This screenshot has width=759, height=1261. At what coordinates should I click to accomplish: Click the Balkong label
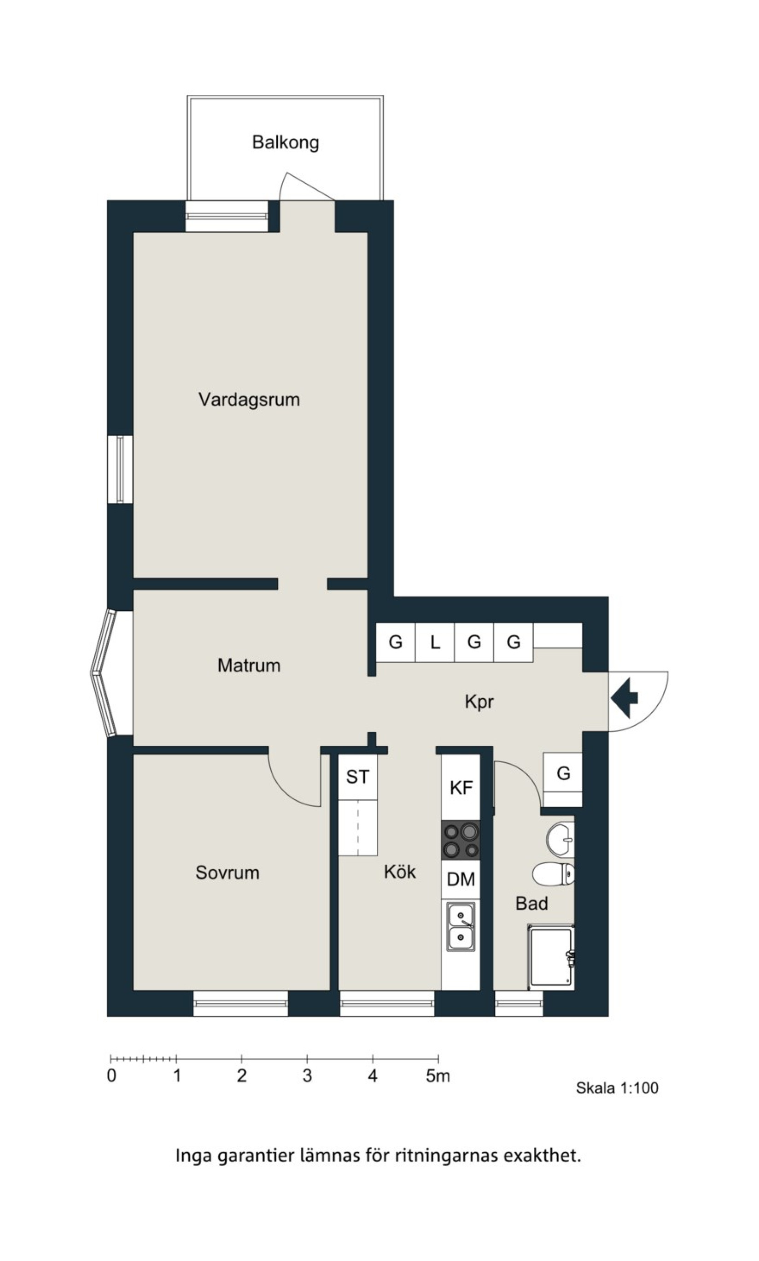[x=286, y=142]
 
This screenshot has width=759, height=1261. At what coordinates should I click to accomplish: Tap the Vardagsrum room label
[x=249, y=400]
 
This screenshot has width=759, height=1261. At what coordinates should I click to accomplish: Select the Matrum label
[x=249, y=666]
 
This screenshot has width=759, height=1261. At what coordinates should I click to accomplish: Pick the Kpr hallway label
[x=479, y=701]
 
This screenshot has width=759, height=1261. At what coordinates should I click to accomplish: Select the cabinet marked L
[x=435, y=642]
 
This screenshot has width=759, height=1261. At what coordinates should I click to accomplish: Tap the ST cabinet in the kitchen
[x=357, y=777]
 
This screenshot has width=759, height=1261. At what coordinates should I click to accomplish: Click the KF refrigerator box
[x=461, y=787]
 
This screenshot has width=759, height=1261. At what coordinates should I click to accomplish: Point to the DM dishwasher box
[x=461, y=879]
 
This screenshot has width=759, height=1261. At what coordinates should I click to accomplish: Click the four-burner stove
[x=461, y=840]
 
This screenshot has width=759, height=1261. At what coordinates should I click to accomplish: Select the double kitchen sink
[x=461, y=926]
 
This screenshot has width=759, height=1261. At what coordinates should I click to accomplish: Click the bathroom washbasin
[x=560, y=839]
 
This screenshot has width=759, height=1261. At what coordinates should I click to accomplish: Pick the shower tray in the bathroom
[x=551, y=956]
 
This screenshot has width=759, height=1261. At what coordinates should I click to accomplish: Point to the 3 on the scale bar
[x=307, y=1076]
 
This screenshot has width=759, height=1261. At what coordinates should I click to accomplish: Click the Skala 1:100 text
[x=617, y=1088]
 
